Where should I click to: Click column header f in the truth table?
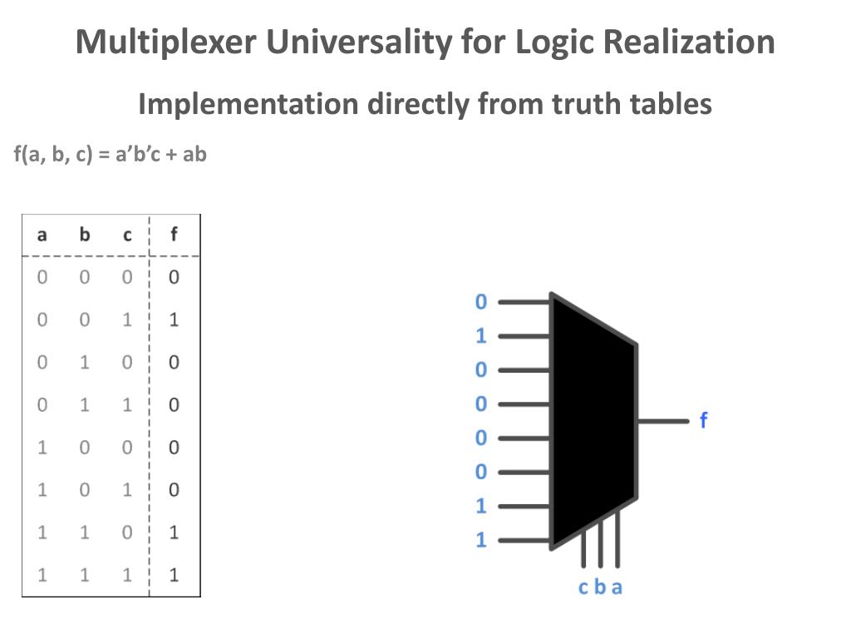[174, 235]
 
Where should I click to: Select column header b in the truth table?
[84, 235]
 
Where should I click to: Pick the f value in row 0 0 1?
[174, 319]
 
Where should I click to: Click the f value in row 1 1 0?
[174, 532]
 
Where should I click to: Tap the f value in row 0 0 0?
[174, 277]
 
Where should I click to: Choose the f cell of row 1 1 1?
[174, 574]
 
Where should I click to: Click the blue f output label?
[703, 420]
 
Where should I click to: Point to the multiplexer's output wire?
[663, 421]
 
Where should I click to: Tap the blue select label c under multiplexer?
[583, 587]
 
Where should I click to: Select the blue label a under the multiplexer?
[617, 587]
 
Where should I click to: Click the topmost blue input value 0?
[480, 302]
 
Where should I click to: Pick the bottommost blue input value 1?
[480, 540]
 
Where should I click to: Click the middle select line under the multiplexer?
[601, 545]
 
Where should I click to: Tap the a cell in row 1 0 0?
[42, 447]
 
